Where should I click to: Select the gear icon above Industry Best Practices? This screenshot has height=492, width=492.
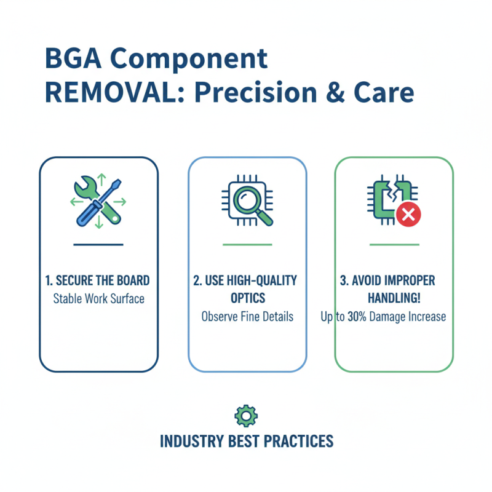[246, 416]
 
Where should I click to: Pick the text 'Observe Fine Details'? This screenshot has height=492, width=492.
[247, 317]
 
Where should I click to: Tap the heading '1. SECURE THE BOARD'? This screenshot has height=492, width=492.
[98, 281]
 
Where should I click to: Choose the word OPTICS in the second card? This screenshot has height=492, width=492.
[247, 298]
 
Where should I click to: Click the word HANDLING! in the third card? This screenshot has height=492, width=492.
[393, 298]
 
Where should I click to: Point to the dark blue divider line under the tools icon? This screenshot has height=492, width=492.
[98, 244]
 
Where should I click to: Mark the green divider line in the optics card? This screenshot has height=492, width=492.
[247, 244]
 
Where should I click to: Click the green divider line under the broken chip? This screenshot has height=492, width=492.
[394, 244]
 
